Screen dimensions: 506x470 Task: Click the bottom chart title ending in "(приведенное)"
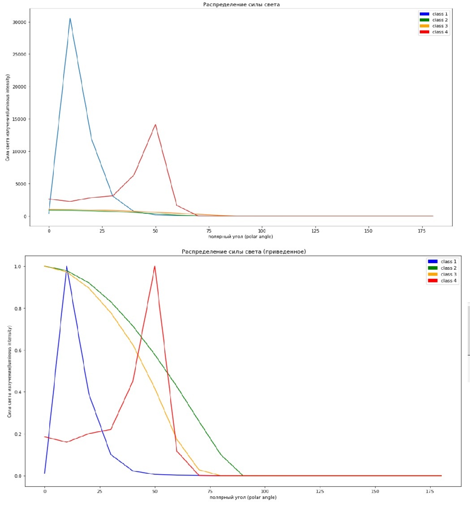244,252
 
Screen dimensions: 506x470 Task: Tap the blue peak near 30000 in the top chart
70,19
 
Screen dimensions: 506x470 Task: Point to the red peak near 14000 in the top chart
155,125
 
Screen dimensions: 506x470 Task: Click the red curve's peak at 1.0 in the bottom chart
155,266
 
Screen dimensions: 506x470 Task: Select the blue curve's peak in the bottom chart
67,266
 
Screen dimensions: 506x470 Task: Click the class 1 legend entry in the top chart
433,14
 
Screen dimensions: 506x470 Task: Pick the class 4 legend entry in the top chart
433,32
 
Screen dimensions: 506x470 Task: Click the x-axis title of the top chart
240,236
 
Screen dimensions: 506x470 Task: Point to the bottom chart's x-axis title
243,497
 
